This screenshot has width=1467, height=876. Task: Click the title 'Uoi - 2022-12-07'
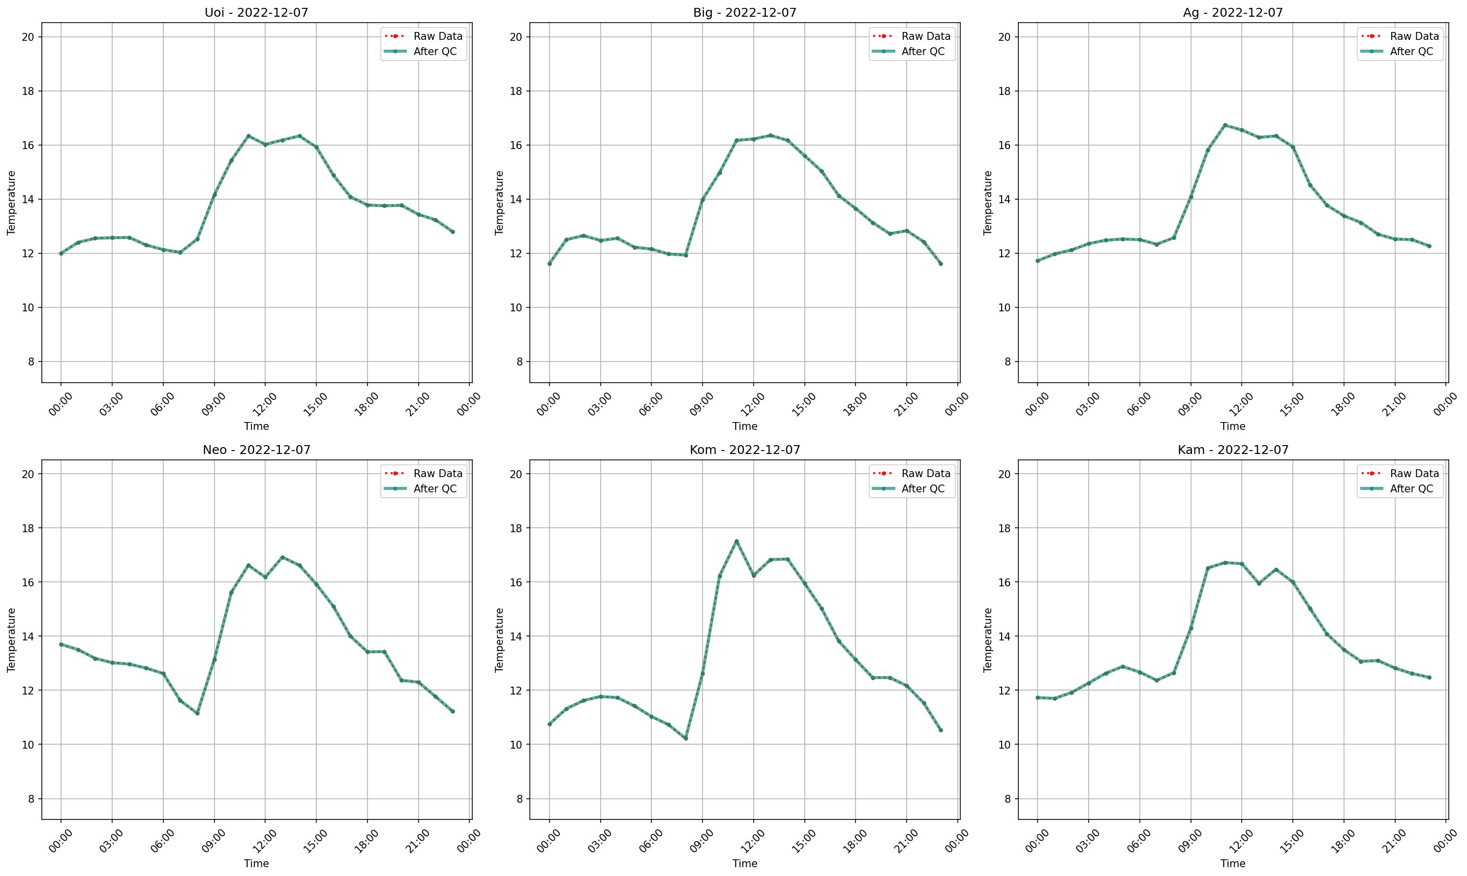(256, 12)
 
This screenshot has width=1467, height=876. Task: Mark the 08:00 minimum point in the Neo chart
(197, 713)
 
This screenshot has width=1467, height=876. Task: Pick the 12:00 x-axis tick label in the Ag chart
(1241, 405)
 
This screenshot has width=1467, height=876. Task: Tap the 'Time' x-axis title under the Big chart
(744, 426)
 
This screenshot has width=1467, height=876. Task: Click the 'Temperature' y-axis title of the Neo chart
(11, 639)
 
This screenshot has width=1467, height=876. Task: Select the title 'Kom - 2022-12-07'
(744, 450)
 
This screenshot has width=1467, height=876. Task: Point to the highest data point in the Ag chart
(1224, 125)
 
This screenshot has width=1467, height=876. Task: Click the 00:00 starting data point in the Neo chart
(61, 644)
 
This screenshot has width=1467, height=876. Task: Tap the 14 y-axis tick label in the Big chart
(519, 200)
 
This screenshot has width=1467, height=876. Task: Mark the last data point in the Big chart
(941, 263)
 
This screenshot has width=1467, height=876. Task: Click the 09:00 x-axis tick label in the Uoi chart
(213, 405)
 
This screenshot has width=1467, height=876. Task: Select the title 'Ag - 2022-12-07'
(1233, 12)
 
